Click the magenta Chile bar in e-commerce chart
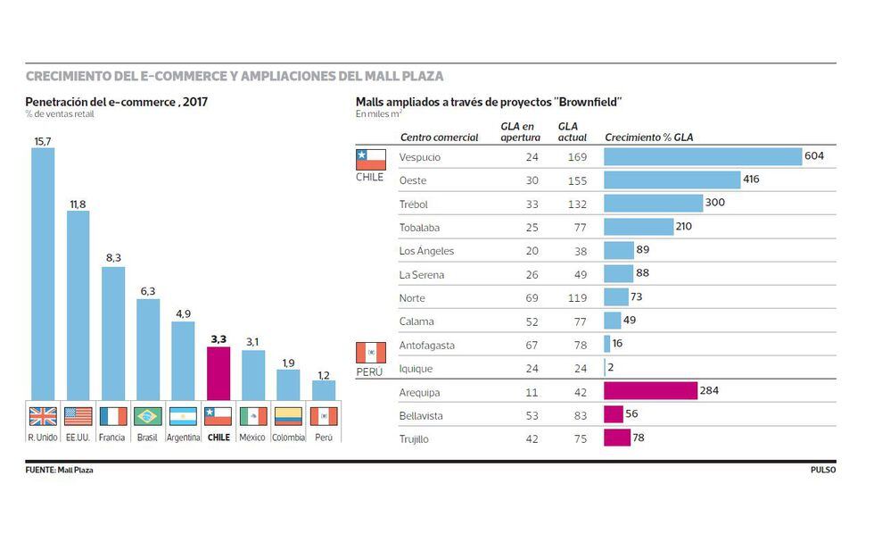(218, 373)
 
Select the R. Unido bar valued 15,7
(43, 272)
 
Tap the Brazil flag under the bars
(148, 416)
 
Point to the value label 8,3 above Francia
(113, 257)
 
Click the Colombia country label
(288, 438)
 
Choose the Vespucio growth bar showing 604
(703, 157)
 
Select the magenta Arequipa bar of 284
(650, 391)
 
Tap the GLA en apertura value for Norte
(532, 298)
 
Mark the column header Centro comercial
(439, 138)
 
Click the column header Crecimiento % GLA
(649, 138)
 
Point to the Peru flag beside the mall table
(370, 352)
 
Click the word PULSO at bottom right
(822, 470)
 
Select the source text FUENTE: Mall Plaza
(60, 470)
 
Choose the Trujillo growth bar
(617, 438)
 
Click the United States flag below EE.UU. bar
(78, 416)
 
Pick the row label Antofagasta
(426, 345)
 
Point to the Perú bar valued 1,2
(323, 390)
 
